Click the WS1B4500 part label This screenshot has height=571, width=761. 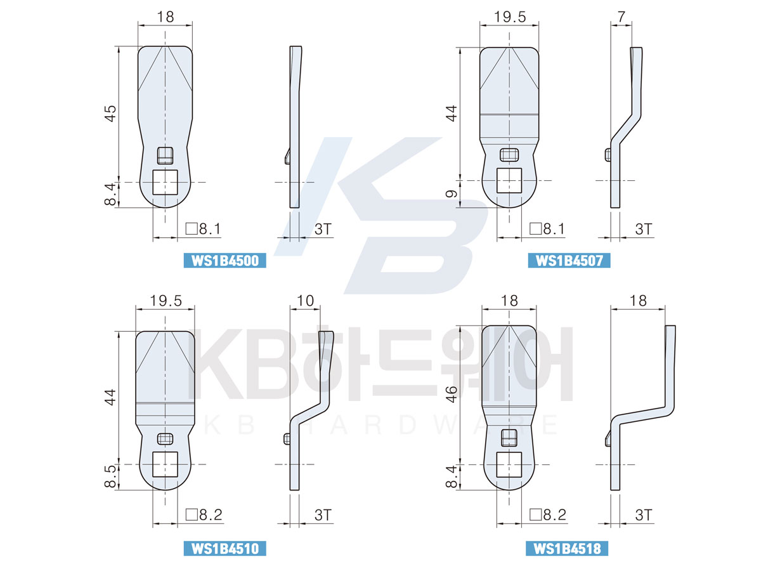[224, 260]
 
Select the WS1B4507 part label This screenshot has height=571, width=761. [569, 260]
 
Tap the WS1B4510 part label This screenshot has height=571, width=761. [224, 548]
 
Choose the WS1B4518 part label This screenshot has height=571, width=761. [566, 548]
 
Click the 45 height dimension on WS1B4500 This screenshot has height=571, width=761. [110, 114]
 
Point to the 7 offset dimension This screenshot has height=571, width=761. [621, 16]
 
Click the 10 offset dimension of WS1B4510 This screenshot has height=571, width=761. [305, 301]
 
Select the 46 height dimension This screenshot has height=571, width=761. [452, 394]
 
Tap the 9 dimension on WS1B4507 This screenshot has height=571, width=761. [452, 194]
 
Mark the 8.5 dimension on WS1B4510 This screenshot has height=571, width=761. [110, 476]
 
